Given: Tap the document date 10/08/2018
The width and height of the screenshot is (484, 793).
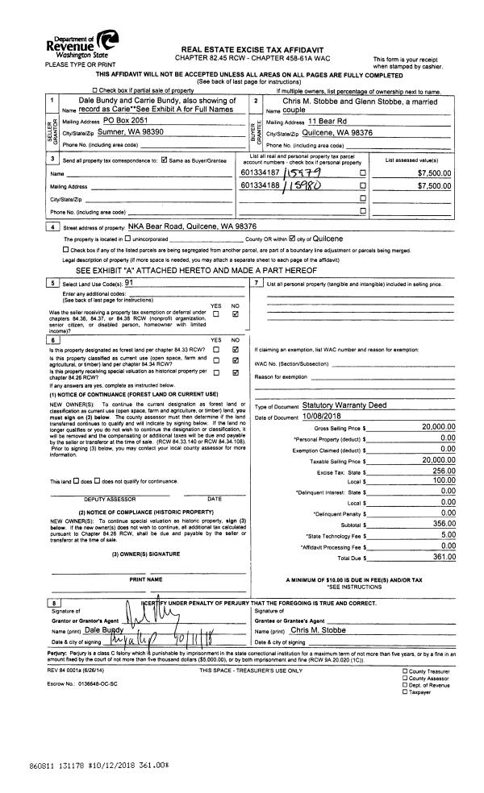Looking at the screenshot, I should tap(323, 416).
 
